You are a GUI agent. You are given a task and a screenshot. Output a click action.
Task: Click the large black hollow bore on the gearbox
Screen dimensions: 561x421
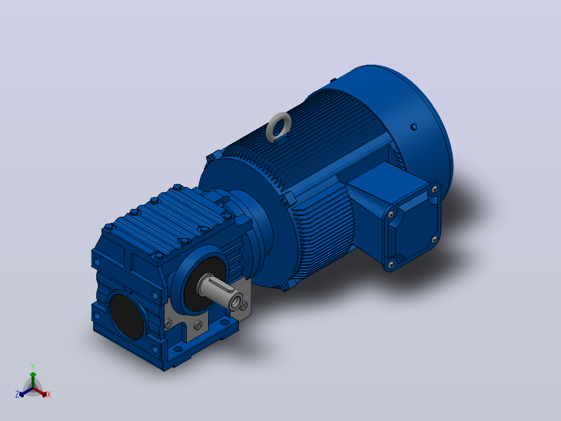tap(127, 316)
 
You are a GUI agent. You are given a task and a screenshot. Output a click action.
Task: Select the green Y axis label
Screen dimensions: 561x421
tap(33, 366)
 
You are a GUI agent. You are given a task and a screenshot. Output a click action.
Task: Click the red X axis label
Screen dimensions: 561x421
tap(49, 394)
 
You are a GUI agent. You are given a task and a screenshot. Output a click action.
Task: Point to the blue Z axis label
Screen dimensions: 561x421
tap(17, 394)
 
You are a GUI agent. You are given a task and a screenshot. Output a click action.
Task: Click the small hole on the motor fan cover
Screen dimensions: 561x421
tap(414, 127)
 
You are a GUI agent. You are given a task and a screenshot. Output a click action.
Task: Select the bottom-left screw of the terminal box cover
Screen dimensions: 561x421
tap(391, 265)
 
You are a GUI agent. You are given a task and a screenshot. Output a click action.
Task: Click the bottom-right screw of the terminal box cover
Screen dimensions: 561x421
tap(435, 240)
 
